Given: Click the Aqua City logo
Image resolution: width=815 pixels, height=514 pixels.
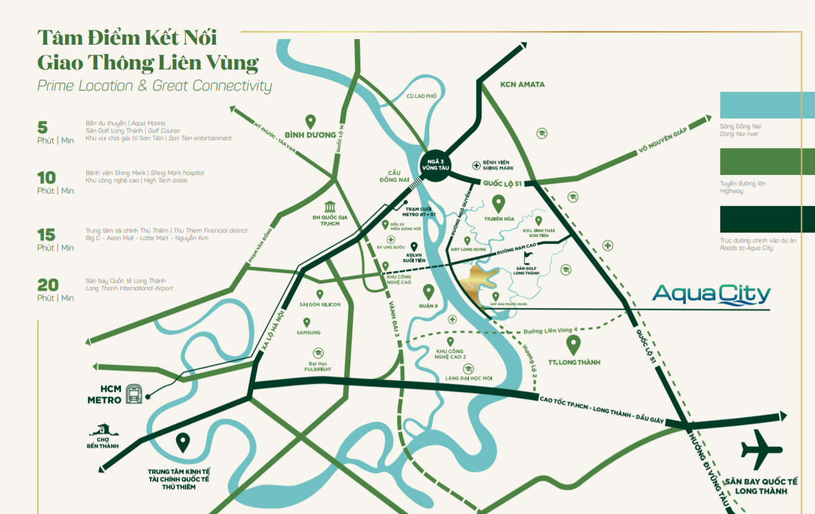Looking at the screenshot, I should click(x=711, y=295).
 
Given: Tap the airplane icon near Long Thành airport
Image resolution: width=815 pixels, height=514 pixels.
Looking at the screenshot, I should click(x=762, y=450).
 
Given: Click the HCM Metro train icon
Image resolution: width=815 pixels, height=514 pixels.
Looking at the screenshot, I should click(x=134, y=394).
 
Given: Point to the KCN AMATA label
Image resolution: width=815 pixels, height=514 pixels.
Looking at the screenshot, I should click(x=522, y=84).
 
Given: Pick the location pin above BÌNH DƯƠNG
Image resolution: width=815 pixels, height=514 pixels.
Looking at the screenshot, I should click(x=310, y=122).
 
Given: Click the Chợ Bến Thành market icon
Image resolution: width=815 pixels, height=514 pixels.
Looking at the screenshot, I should click(x=102, y=430).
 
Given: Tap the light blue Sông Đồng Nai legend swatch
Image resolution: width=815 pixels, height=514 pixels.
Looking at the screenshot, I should click(x=767, y=105).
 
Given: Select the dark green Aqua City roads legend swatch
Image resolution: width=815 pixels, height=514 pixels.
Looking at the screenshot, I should click(x=767, y=219).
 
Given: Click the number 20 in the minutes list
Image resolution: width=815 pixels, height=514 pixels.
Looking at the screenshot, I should click(x=48, y=285).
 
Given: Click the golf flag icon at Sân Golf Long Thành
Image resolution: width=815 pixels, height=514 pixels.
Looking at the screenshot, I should click(x=528, y=257).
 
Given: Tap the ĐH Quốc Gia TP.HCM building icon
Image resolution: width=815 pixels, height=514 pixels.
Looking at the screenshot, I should click(x=330, y=207).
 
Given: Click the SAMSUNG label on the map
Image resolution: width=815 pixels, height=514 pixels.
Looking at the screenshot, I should click(x=308, y=333).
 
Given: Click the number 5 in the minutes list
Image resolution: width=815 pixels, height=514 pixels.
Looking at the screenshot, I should click(x=42, y=128).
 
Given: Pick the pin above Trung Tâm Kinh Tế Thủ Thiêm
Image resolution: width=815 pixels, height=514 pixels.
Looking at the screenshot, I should click(x=182, y=442).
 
